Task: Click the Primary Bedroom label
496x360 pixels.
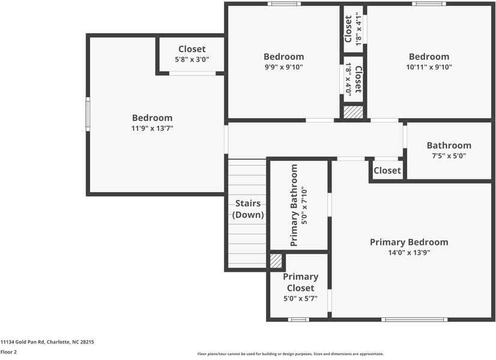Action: click(408, 242)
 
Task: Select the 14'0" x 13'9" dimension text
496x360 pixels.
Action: click(408, 253)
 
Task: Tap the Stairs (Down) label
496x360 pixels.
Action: click(247, 209)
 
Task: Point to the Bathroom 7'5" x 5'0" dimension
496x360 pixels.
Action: click(449, 155)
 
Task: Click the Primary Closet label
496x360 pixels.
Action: click(300, 282)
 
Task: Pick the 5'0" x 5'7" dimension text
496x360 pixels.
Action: click(300, 298)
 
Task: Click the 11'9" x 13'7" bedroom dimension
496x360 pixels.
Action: click(152, 128)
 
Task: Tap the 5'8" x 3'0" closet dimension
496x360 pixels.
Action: click(192, 59)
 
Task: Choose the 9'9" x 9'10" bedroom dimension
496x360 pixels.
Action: click(283, 67)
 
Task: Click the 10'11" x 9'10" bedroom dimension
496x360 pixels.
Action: click(429, 67)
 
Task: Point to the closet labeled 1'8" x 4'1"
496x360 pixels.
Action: click(353, 29)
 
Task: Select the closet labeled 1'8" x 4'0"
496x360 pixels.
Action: click(353, 80)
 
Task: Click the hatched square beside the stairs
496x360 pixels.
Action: click(276, 261)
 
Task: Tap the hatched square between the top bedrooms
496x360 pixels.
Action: click(353, 112)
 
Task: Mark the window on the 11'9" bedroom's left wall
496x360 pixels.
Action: click(88, 115)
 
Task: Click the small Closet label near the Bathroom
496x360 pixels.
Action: click(387, 170)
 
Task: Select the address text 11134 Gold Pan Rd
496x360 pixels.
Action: click(47, 342)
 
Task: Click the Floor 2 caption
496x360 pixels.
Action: click(8, 352)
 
